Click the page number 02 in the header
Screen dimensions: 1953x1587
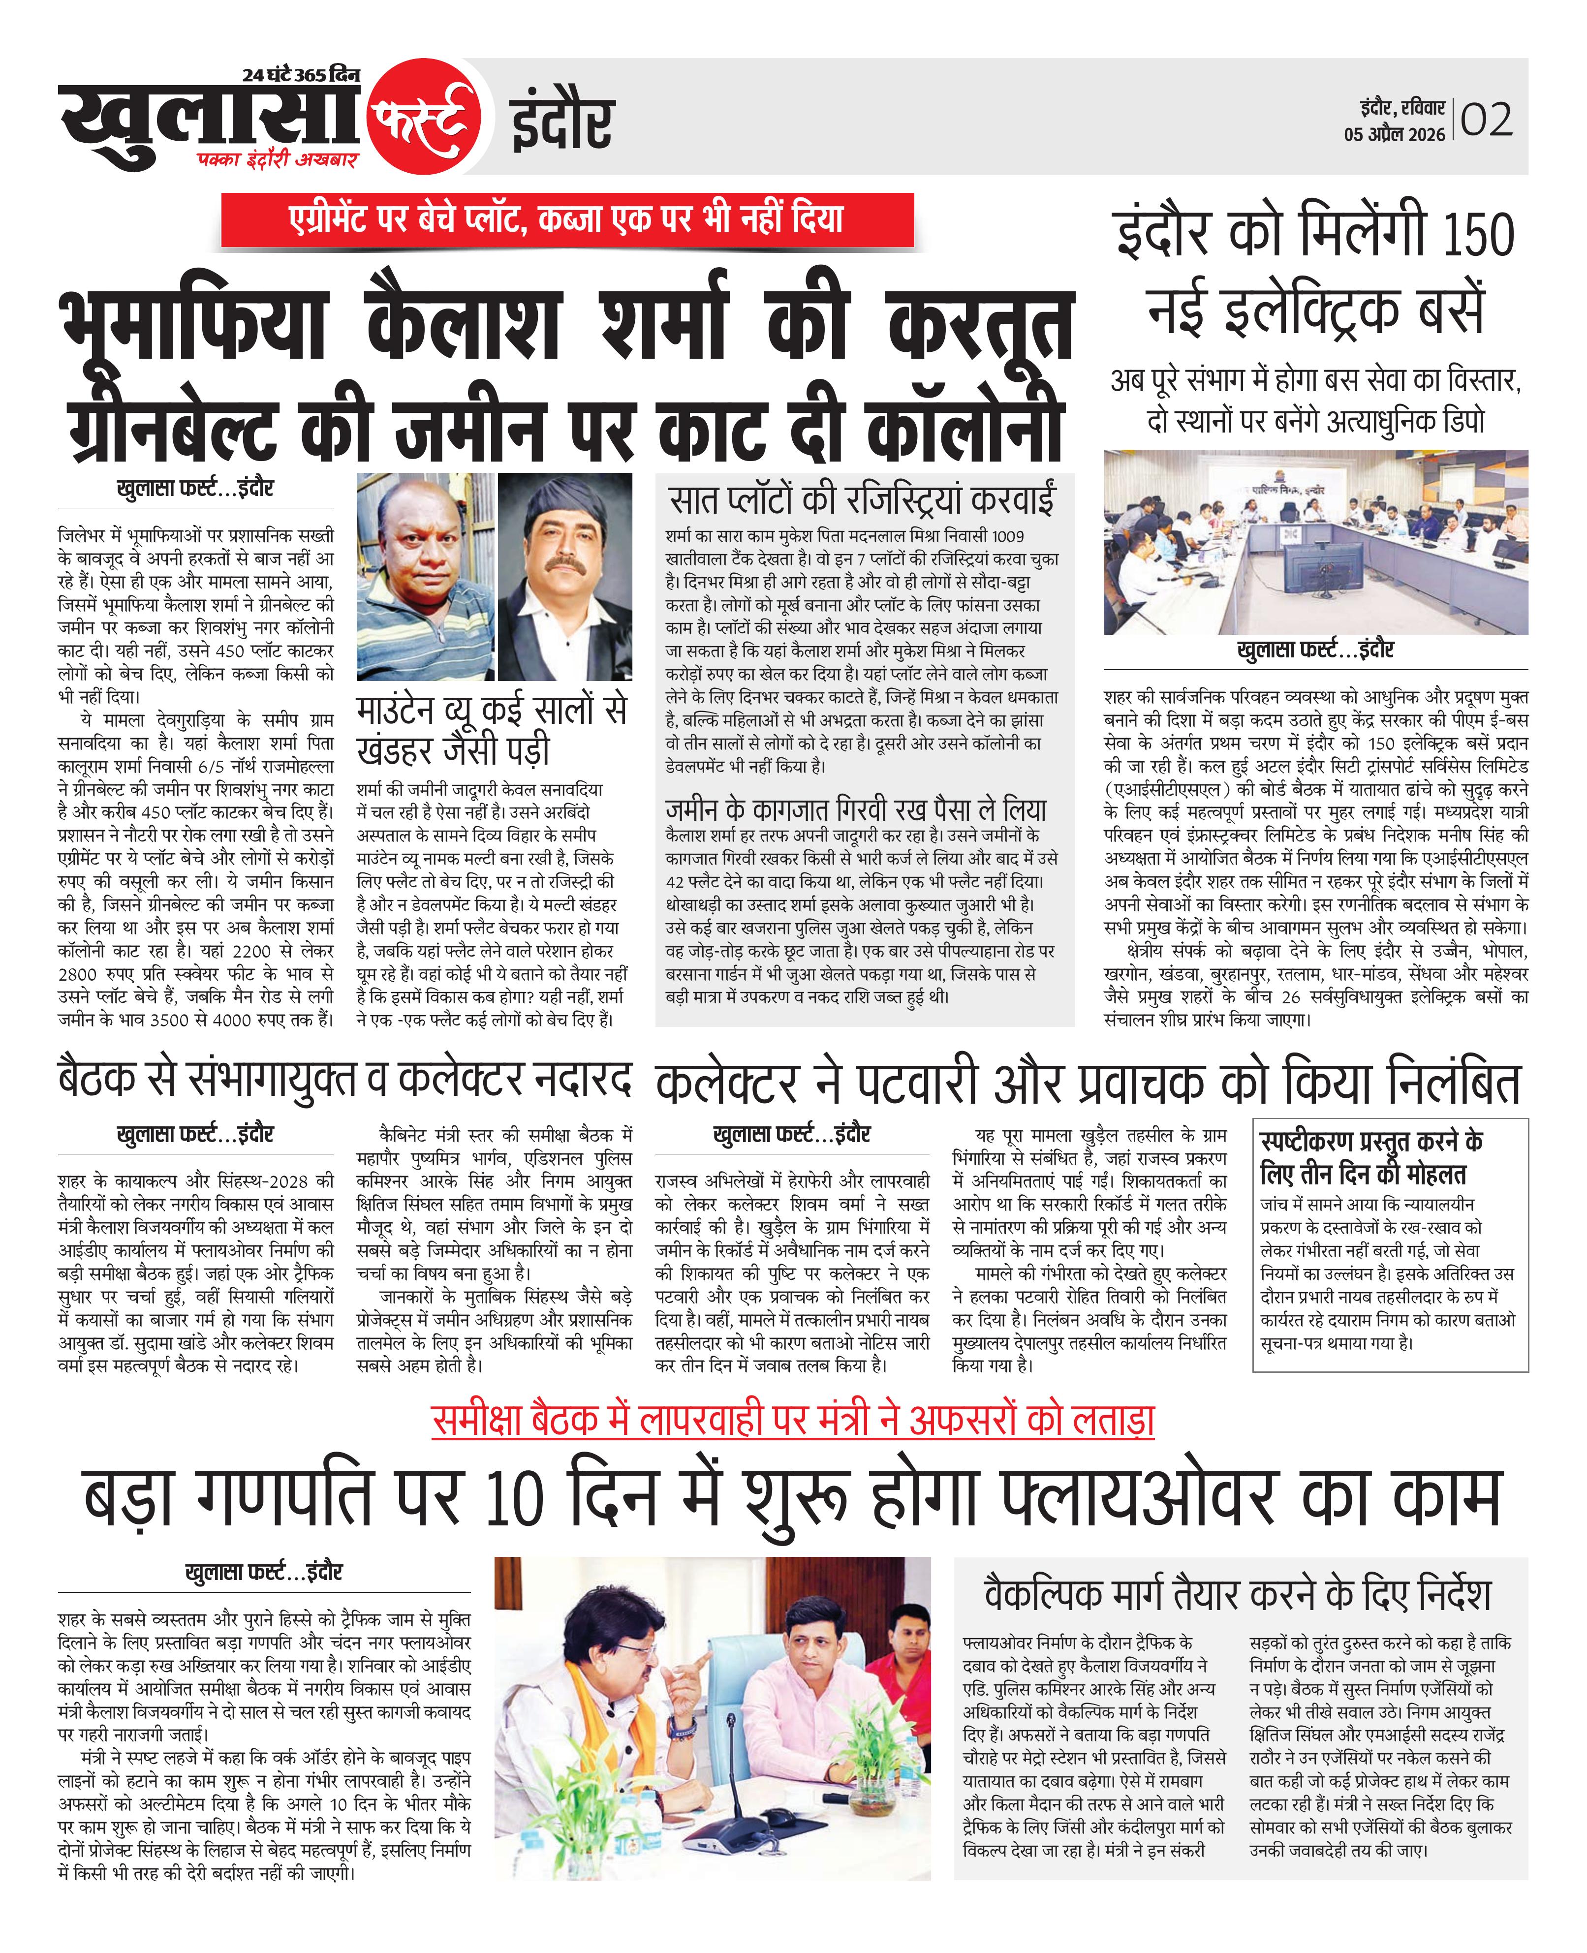point(1487,120)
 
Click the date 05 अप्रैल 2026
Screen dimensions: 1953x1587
point(1394,134)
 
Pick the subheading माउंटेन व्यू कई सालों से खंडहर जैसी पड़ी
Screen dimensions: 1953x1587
point(492,728)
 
